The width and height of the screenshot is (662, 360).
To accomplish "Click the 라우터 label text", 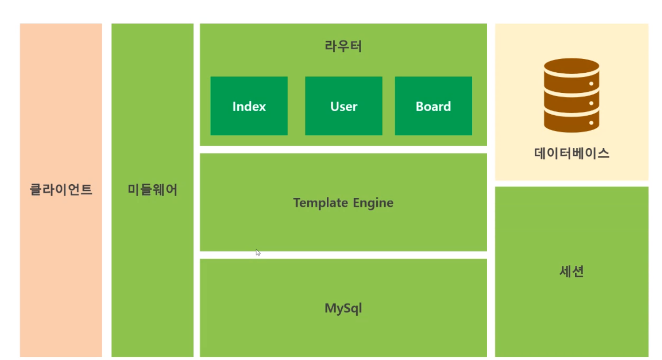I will pos(343,47).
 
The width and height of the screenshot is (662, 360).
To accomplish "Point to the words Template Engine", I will pos(343,203).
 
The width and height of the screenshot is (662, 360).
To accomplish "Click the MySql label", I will pos(343,308).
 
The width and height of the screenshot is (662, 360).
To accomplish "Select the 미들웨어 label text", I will pos(152,190).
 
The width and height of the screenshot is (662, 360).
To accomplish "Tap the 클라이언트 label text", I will pos(61,190).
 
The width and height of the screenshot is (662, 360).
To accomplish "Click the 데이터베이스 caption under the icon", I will pos(572,153).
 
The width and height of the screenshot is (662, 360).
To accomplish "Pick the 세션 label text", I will pos(572,271).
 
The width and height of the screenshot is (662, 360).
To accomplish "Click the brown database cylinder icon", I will pos(571,95).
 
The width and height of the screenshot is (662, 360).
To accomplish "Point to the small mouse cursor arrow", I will pos(258,252).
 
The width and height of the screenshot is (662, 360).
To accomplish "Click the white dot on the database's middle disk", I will pos(591,103).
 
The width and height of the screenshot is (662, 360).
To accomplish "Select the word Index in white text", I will pos(249,106).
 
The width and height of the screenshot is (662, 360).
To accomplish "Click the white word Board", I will pos(433,106).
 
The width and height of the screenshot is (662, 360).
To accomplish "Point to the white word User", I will pos(344,106).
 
